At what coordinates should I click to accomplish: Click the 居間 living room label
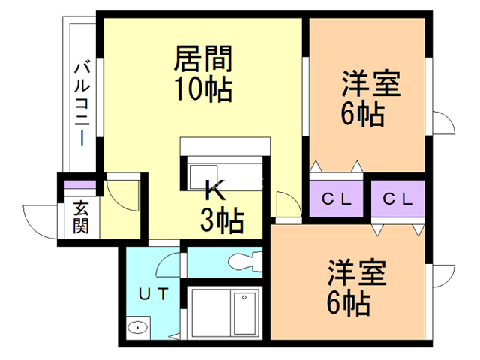pos(203,58)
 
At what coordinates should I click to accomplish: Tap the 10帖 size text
pos(203,88)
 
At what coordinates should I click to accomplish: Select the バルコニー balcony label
pos(82,104)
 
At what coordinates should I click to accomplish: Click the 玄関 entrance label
pos(81,217)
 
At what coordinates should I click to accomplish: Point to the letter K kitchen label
pos(215,190)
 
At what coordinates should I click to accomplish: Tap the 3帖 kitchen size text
pos(222,220)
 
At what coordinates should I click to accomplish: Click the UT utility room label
pos(153,294)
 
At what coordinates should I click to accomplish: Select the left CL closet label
pos(336,199)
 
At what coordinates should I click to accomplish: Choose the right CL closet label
pos(397,199)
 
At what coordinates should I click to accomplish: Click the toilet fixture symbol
pos(245,262)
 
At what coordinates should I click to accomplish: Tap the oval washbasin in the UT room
pos(138,328)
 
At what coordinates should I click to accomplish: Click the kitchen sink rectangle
pos(203,177)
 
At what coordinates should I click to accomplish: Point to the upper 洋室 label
pos(370,83)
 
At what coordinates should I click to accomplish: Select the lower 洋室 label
pos(357,272)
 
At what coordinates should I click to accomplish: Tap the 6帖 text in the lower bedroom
pos(349,302)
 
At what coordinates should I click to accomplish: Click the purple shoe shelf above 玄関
pos(80,185)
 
